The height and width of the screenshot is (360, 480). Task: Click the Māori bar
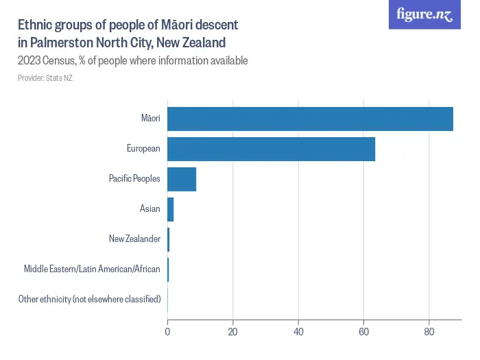[310, 119]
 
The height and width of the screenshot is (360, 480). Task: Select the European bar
[271, 149]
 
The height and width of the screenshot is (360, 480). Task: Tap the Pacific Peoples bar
[182, 179]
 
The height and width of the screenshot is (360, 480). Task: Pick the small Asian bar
[171, 208]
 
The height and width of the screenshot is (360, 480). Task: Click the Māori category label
[150, 119]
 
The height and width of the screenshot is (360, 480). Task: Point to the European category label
[143, 149]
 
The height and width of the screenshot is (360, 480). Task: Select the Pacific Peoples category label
[134, 179]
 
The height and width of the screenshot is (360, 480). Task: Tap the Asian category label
[149, 208]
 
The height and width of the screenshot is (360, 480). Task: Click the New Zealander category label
[134, 239]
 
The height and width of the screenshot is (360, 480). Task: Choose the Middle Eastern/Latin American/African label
[92, 269]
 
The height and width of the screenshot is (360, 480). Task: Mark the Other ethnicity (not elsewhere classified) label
[90, 299]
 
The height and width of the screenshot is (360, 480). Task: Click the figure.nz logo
[424, 15]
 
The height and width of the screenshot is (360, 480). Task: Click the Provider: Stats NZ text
[45, 78]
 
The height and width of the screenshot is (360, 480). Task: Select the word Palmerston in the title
[60, 43]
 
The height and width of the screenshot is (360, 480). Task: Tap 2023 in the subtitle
[30, 61]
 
